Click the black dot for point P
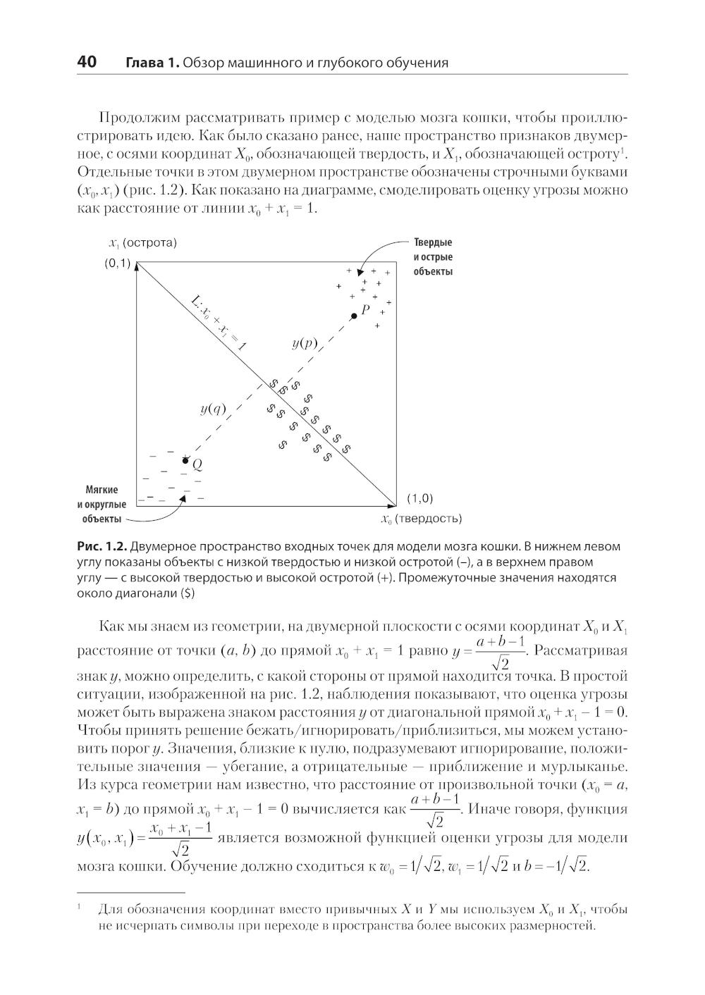354,316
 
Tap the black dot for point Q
185,460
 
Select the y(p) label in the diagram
305,343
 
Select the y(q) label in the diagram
213,408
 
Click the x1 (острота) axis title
142,242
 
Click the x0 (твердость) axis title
421,519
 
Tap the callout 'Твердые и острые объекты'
433,257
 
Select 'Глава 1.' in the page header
152,63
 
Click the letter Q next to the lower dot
197,464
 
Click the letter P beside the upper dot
365,309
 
